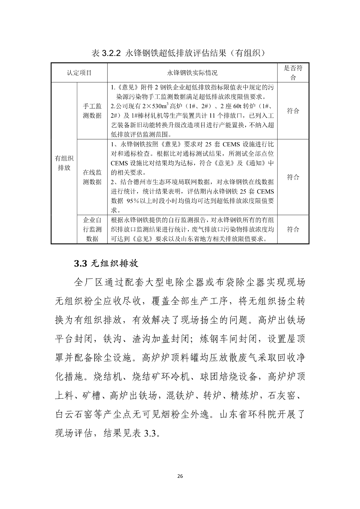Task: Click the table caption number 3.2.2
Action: [111, 53]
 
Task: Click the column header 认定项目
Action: [79, 73]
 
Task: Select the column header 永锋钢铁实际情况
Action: [192, 73]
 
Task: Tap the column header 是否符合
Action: [293, 73]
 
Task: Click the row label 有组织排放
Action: [64, 163]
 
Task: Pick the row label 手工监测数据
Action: [92, 111]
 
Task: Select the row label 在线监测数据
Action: [92, 177]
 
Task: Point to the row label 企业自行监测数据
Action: [92, 229]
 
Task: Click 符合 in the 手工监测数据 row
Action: [293, 111]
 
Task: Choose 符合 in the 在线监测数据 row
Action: [293, 177]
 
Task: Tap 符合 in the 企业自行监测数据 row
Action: [293, 229]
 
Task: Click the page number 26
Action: [180, 476]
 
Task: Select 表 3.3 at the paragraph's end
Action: [144, 433]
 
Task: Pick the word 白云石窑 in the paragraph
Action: [79, 415]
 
